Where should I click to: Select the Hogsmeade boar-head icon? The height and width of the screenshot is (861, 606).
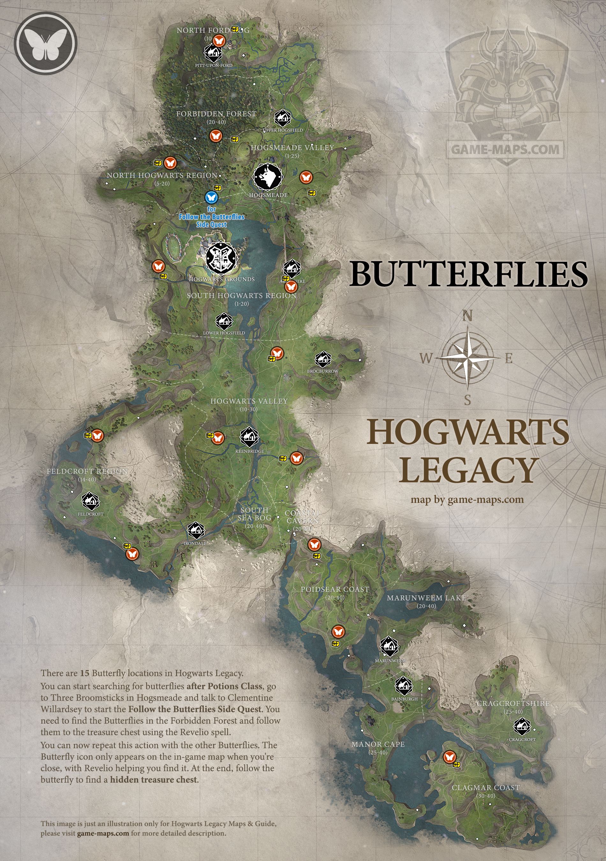[x=268, y=177]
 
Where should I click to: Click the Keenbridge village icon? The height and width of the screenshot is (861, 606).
[x=249, y=437]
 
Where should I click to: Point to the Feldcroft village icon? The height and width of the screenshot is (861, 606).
[x=90, y=501]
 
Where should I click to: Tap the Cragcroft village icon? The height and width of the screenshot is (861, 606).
[x=521, y=727]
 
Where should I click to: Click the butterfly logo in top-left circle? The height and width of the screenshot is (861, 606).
[x=45, y=43]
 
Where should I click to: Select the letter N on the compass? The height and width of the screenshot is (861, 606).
[x=467, y=316]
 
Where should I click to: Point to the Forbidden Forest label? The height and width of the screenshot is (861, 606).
[x=216, y=114]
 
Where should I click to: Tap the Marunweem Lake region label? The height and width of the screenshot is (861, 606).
[x=426, y=598]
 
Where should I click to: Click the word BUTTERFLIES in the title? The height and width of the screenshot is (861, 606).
[x=469, y=274]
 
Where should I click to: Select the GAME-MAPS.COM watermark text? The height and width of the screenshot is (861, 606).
[x=505, y=150]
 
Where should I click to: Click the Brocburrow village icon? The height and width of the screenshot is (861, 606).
[x=322, y=359]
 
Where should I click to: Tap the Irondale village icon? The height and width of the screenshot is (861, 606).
[x=196, y=530]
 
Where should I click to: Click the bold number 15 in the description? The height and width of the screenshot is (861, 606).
[x=85, y=673]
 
